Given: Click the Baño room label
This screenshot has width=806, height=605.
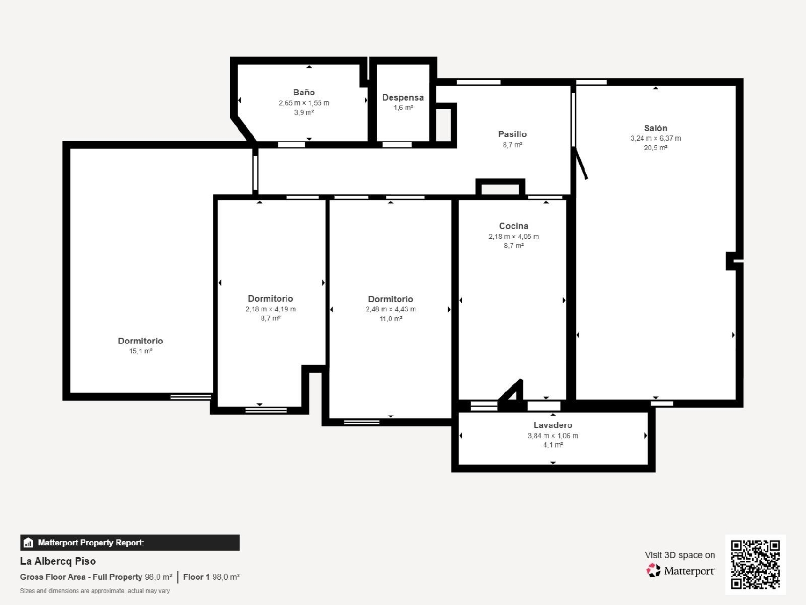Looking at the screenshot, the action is pos(304,92).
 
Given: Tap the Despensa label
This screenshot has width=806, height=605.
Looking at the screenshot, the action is pos(403,98).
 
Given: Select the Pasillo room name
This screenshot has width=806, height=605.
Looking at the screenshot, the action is pos(512,134).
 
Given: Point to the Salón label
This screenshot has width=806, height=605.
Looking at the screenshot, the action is pos(656,128).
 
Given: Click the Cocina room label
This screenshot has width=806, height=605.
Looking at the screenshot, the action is pos(513,226).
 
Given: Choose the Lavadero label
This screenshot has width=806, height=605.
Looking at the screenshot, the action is pos(552,425).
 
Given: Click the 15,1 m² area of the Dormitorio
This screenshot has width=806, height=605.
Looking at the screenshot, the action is pos(141,351).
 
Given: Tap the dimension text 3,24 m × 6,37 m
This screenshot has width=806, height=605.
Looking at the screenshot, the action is pos(656,139).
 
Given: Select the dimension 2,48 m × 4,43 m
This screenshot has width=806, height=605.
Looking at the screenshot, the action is pos(390,309).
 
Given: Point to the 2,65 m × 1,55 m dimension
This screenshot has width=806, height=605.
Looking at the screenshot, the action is pos(304,103).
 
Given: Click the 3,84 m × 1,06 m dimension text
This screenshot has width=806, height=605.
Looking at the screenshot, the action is pos(552,436).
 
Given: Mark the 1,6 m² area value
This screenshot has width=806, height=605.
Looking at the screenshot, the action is pos(403,108).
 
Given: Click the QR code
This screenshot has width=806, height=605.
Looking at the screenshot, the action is pos(755,564).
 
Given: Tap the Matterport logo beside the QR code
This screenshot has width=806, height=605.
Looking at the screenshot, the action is pos(680,571).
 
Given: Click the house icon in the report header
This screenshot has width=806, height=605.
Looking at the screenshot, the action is pos(28,543).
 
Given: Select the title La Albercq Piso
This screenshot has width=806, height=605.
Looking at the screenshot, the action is pos(58,561).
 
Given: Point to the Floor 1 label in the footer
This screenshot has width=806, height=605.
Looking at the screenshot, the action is pos(196,577).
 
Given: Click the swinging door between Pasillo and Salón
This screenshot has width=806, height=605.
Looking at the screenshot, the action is pos(580,163).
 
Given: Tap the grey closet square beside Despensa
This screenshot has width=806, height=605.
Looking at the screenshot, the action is pos(443,125).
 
